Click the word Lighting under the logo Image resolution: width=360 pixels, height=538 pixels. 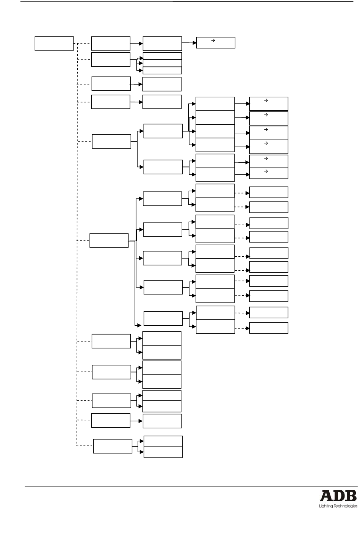[324, 506]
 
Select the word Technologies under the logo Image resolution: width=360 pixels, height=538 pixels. [345, 506]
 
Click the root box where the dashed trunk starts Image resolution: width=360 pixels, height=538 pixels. [54, 43]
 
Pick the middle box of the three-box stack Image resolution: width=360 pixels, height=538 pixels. [162, 63]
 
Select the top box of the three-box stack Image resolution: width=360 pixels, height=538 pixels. [162, 56]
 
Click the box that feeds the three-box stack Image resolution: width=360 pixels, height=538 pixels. [111, 60]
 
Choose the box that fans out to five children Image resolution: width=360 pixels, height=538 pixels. [109, 240]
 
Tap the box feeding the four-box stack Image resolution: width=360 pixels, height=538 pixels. [163, 131]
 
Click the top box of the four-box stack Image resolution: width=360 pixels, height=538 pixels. [215, 104]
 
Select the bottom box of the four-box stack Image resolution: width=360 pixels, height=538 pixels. [215, 145]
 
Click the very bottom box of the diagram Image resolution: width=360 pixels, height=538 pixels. [163, 452]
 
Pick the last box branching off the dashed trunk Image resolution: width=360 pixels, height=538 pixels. [113, 446]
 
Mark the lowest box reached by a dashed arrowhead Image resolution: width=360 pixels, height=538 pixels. [269, 328]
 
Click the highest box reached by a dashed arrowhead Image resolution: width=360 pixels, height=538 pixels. [269, 192]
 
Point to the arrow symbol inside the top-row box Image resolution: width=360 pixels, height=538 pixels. [213, 40]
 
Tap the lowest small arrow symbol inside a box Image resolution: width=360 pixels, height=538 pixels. [266, 171]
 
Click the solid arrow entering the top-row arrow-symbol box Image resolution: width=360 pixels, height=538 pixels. [189, 43]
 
